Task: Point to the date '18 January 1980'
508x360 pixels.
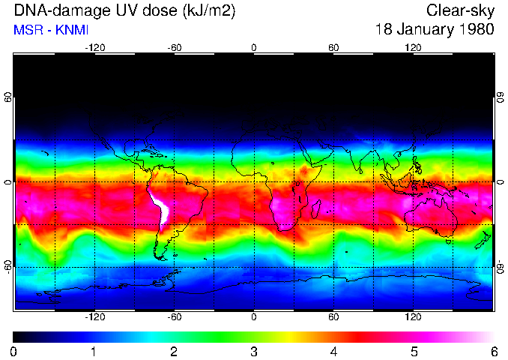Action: pyautogui.click(x=435, y=30)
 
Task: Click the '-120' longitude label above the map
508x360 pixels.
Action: pyautogui.click(x=94, y=47)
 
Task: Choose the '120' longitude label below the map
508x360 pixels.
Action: pyautogui.click(x=413, y=316)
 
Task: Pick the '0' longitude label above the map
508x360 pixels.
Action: pyautogui.click(x=254, y=47)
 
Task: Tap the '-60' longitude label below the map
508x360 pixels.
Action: pyautogui.click(x=174, y=316)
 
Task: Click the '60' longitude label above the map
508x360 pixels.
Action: pyautogui.click(x=333, y=47)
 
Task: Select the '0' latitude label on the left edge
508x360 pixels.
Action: pyautogui.click(x=7, y=181)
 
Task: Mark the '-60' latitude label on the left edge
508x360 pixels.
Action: pyautogui.click(x=7, y=266)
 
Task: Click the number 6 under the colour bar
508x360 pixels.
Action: pyautogui.click(x=493, y=351)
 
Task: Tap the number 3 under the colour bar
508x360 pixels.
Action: pyautogui.click(x=253, y=351)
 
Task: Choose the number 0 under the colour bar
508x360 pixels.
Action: pyautogui.click(x=14, y=351)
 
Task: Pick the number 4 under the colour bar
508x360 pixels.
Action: pyautogui.click(x=333, y=351)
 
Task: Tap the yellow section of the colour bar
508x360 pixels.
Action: pyautogui.click(x=281, y=336)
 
